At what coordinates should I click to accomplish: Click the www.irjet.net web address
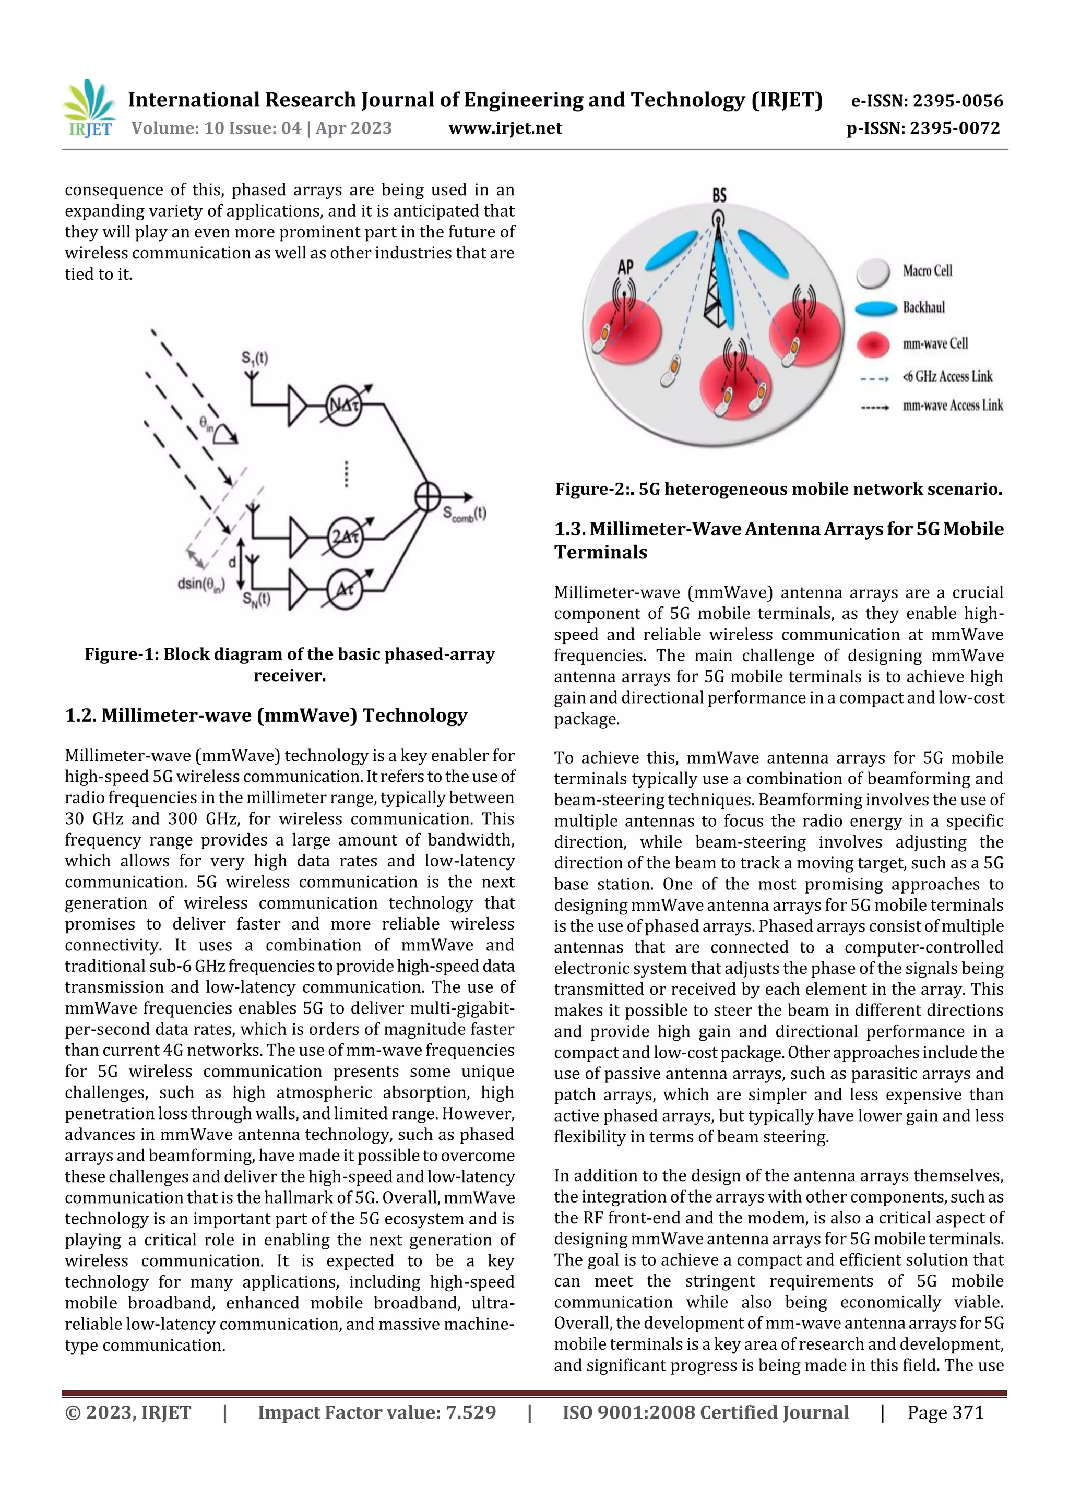pos(505,128)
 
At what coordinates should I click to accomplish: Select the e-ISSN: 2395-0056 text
pos(927,101)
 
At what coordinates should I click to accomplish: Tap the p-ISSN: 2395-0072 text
pos(923,128)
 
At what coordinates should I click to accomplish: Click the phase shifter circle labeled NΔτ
pos(344,406)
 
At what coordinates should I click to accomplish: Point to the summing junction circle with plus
pos(427,496)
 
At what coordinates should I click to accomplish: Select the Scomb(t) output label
pos(465,514)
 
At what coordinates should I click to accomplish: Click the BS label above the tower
pos(719,195)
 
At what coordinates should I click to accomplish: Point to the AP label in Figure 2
pos(625,267)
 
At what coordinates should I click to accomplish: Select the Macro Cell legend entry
pos(927,271)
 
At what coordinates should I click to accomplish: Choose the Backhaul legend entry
pos(923,307)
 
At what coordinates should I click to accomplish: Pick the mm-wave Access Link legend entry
pos(952,406)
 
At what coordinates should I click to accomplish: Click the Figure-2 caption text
pos(779,489)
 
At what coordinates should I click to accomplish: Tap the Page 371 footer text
pos(945,1412)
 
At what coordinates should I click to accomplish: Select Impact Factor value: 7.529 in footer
pos(377,1412)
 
